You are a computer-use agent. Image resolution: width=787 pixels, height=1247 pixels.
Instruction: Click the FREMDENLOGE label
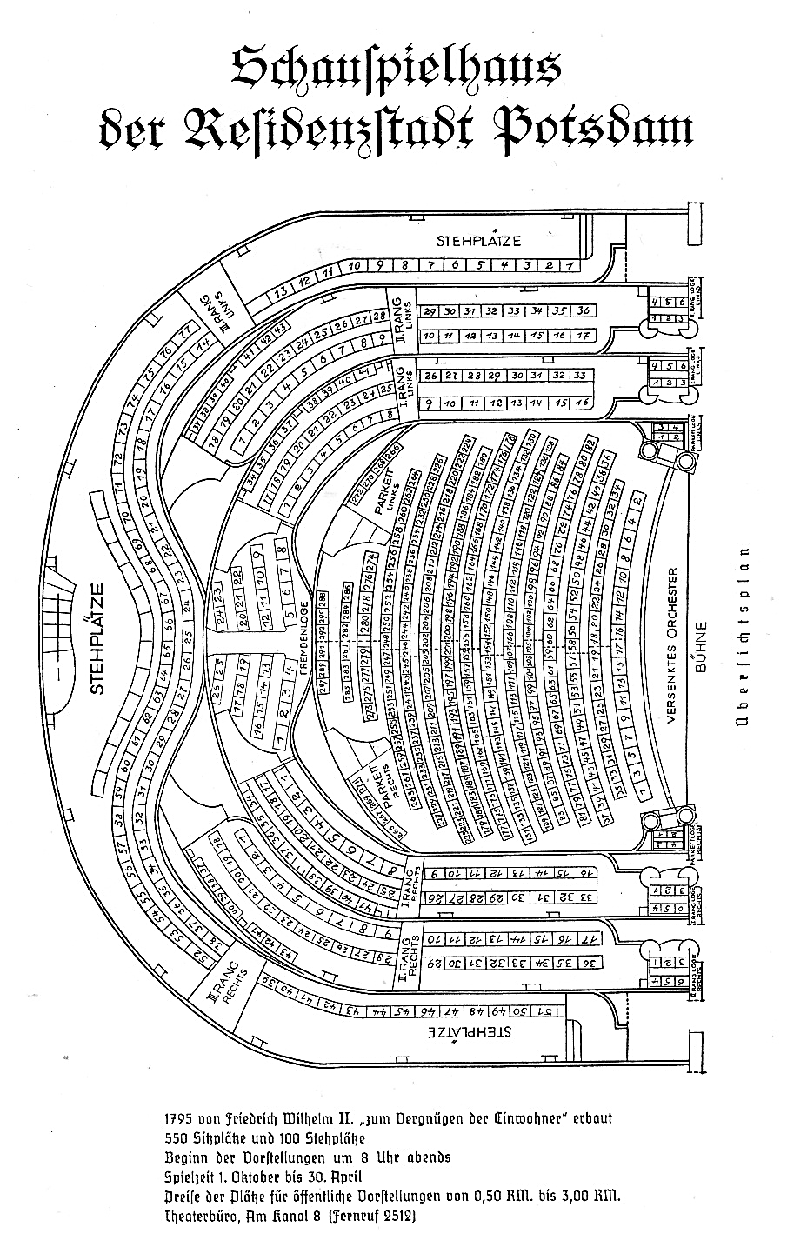(x=304, y=634)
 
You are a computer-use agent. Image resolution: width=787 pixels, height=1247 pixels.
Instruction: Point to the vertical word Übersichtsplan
(x=744, y=644)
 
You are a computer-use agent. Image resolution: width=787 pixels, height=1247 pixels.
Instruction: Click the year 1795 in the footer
(x=180, y=1117)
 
